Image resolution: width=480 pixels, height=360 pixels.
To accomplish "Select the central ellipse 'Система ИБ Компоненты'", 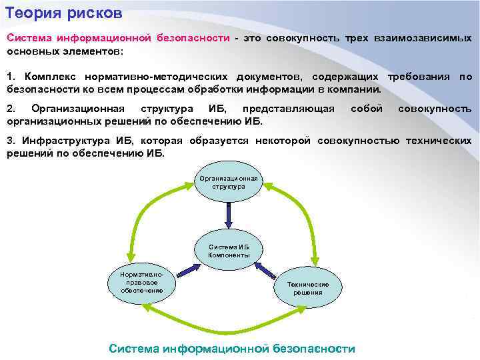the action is click(229, 251).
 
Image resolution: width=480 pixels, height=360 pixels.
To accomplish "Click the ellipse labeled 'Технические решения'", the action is click(308, 288).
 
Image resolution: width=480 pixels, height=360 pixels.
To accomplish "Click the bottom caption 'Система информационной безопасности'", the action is click(231, 349).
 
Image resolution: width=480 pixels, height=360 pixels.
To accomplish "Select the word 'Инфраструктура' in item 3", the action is click(64, 141).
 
